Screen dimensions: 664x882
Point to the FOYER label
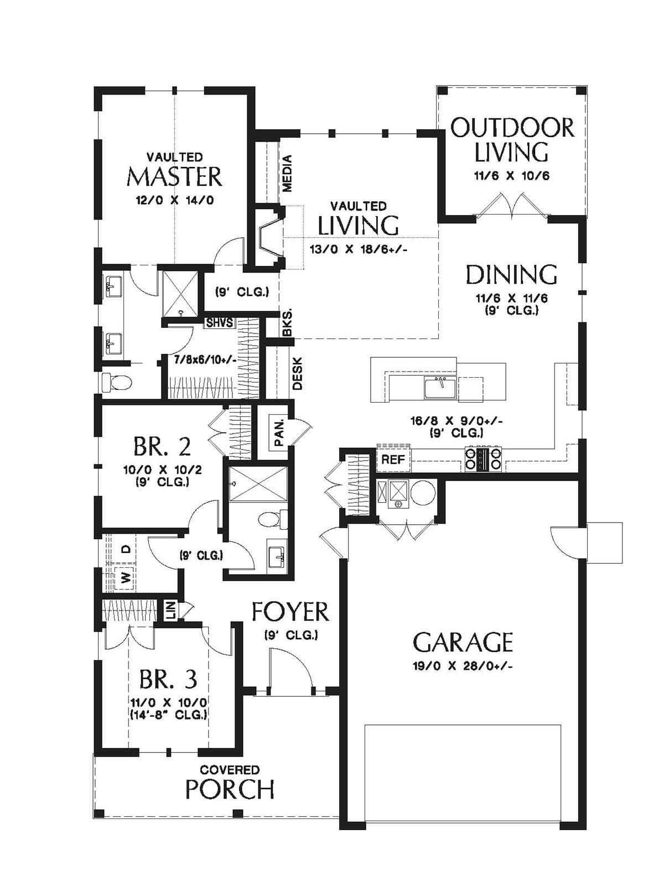pyautogui.click(x=290, y=612)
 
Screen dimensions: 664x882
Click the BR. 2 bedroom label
pyautogui.click(x=162, y=447)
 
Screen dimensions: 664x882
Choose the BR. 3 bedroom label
pyautogui.click(x=168, y=679)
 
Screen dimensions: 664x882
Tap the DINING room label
pyautogui.click(x=512, y=274)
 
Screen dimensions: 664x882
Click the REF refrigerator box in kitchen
pyautogui.click(x=393, y=460)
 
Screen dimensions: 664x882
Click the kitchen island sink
pyautogui.click(x=440, y=388)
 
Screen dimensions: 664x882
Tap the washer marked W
pyautogui.click(x=125, y=578)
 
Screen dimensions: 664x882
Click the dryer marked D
pyautogui.click(x=126, y=549)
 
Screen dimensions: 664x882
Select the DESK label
pyautogui.click(x=298, y=374)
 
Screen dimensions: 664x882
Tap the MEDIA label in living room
pyautogui.click(x=287, y=174)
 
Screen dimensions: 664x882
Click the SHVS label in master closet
pyautogui.click(x=219, y=323)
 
